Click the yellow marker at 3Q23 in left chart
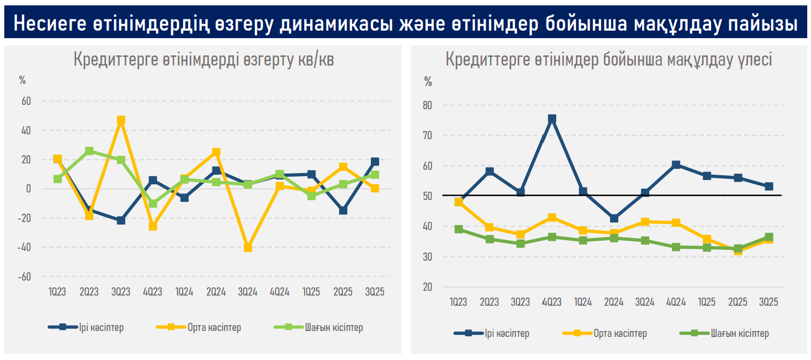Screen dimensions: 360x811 tap(121, 120)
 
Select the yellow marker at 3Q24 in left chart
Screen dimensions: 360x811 tap(248, 248)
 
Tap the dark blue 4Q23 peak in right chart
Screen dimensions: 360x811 tap(552, 119)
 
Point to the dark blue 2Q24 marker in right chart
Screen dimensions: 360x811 tap(614, 219)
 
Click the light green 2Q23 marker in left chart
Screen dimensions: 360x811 tap(89, 151)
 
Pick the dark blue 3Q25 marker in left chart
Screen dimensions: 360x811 tap(375, 162)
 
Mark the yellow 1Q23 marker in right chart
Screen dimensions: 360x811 tap(458, 202)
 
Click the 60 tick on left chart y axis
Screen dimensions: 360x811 tap(26, 101)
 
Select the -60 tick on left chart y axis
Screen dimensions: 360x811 tap(24, 277)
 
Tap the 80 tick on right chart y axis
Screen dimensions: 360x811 tap(427, 105)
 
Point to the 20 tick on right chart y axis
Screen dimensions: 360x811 tap(427, 287)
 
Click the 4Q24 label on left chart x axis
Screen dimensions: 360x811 tap(279, 292)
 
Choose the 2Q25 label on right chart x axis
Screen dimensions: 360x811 tap(738, 302)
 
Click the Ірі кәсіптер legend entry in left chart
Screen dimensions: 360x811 tap(86, 327)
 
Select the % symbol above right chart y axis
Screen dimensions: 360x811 tap(428, 82)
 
